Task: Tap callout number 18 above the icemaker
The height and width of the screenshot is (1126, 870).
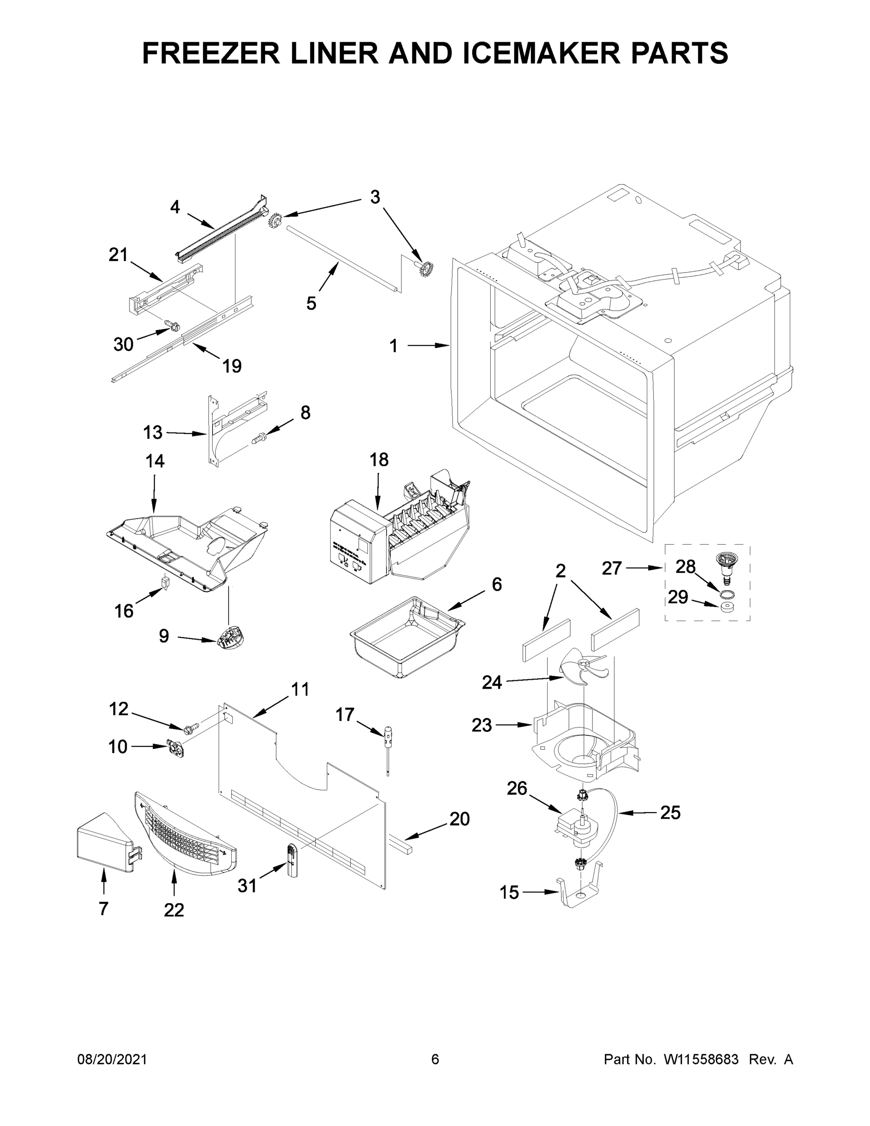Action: pos(379,459)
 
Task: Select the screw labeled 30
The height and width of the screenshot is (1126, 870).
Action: pos(172,325)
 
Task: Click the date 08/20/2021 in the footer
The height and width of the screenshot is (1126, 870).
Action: pos(112,1059)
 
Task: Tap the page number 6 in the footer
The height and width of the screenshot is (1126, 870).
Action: pos(435,1059)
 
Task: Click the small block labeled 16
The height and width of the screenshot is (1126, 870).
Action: pos(165,582)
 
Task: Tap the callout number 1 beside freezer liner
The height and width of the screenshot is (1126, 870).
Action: pos(393,346)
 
